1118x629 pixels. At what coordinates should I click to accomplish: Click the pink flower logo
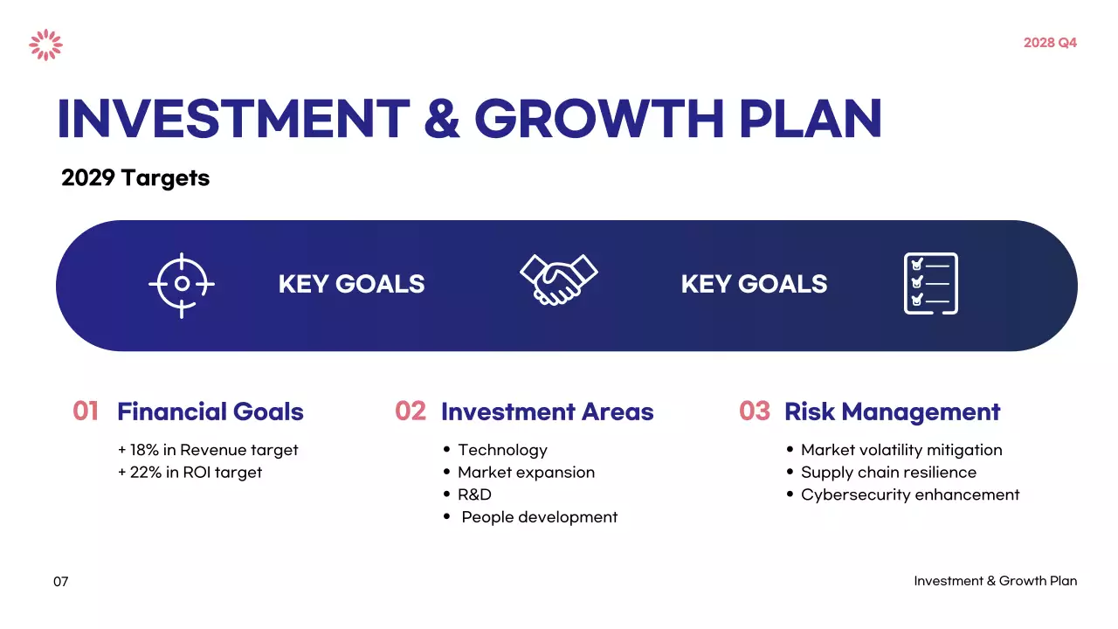click(x=45, y=45)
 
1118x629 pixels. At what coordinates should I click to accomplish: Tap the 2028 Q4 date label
click(x=1050, y=43)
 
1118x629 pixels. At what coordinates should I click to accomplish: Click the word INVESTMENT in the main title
click(x=233, y=120)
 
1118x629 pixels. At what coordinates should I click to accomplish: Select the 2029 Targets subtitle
click(x=135, y=178)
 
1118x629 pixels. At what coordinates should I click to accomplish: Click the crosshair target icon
click(x=182, y=285)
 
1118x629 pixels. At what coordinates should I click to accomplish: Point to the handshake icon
click(x=558, y=280)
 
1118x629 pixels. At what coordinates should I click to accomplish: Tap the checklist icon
click(x=930, y=284)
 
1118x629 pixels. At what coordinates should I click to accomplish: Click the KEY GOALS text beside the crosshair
click(x=351, y=285)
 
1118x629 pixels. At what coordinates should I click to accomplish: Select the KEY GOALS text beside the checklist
click(x=754, y=285)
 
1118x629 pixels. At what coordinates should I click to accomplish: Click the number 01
click(x=86, y=411)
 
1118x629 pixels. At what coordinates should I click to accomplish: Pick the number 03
click(x=755, y=411)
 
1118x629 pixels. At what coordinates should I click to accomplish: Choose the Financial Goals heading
click(x=210, y=412)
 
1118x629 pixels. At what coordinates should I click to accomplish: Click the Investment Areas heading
click(x=547, y=412)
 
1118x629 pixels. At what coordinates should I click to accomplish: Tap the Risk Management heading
click(x=892, y=412)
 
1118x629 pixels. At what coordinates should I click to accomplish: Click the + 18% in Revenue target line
click(x=208, y=451)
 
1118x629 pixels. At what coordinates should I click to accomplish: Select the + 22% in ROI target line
click(x=190, y=473)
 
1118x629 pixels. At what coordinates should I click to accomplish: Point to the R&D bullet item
click(x=474, y=495)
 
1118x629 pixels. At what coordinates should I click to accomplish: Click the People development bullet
click(x=539, y=517)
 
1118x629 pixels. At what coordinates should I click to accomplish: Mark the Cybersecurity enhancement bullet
click(x=909, y=495)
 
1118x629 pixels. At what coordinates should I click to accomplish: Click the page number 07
click(x=60, y=582)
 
